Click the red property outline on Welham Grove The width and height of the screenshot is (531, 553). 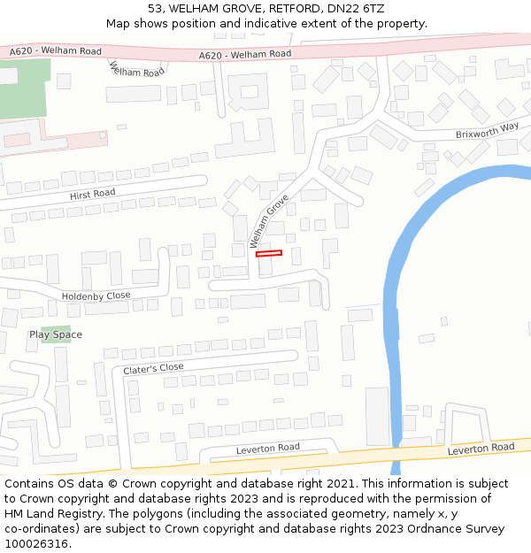click(269, 254)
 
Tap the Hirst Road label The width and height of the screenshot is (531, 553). click(92, 193)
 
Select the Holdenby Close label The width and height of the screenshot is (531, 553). click(96, 296)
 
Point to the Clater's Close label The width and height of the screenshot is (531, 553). click(153, 368)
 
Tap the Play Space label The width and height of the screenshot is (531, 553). click(56, 334)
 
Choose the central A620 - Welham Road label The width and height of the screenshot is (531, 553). click(245, 55)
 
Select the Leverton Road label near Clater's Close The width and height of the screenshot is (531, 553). click(267, 449)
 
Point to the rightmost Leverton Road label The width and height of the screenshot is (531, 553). click(481, 449)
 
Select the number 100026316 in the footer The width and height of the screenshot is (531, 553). click(35, 543)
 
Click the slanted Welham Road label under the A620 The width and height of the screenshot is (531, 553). click(136, 69)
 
